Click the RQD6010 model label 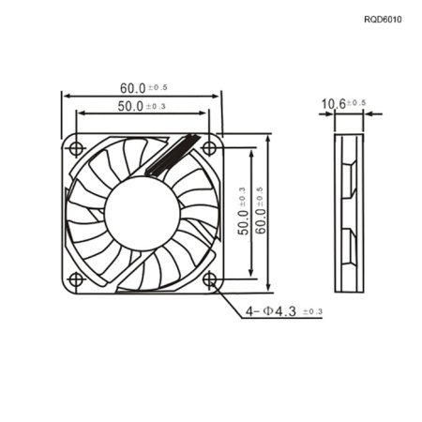[x=383, y=20]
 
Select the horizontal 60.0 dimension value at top [x=133, y=88]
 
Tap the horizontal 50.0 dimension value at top [x=130, y=106]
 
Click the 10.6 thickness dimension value [x=334, y=104]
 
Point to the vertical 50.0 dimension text [x=243, y=222]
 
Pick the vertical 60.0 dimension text [x=261, y=221]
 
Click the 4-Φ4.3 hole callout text [x=271, y=311]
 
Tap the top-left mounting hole [x=76, y=149]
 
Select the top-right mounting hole [x=209, y=147]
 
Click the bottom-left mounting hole [x=76, y=279]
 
